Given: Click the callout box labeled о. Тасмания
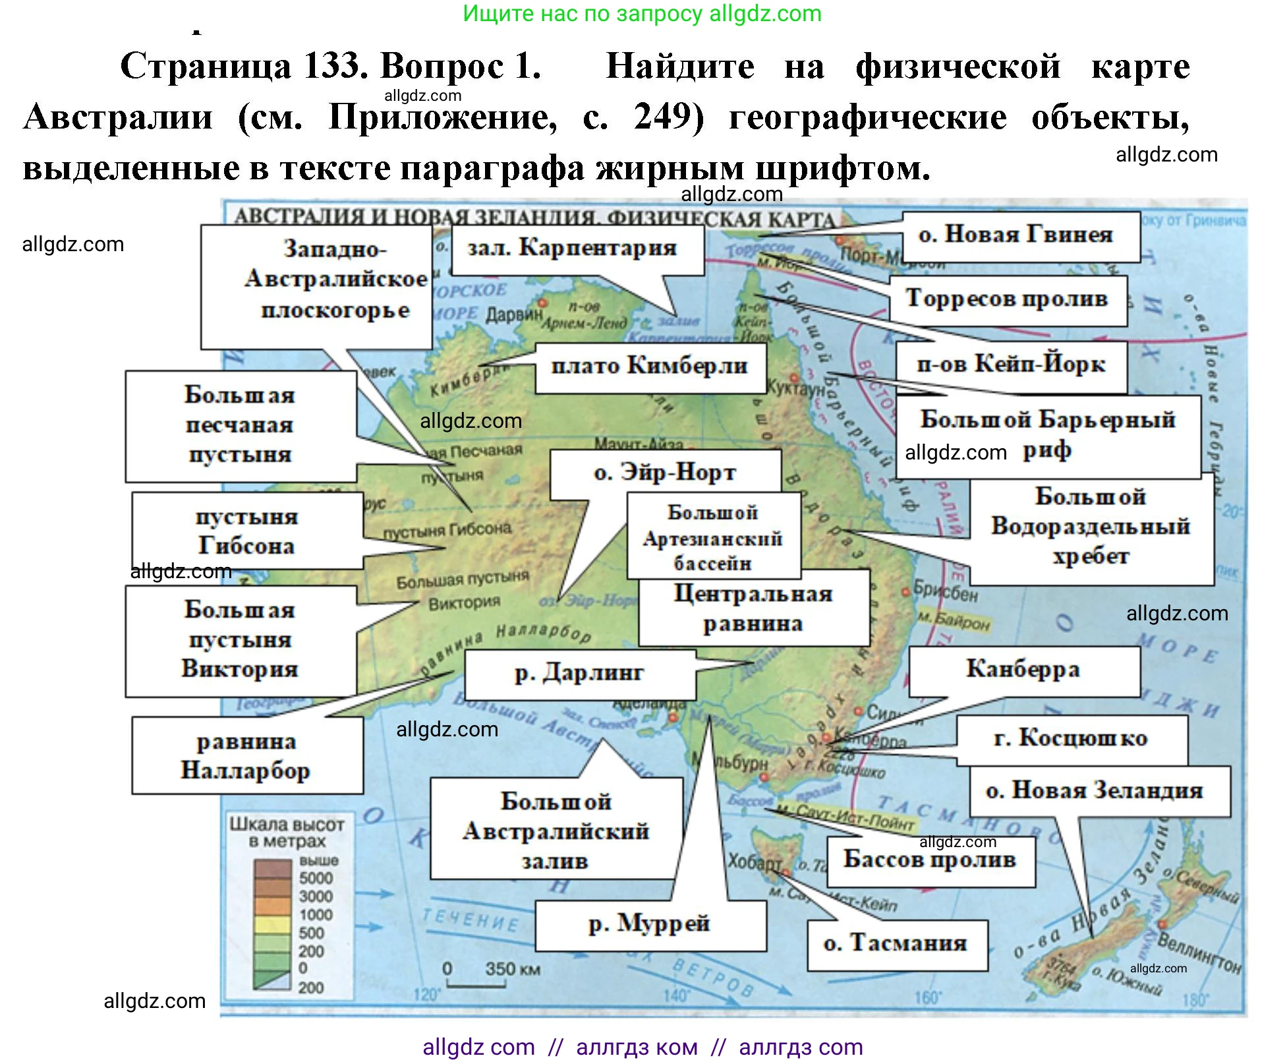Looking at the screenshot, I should (x=896, y=944).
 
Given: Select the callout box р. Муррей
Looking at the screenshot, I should (x=650, y=924).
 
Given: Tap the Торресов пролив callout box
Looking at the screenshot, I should (x=1007, y=299).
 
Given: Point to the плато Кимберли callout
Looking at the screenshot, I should (x=650, y=367).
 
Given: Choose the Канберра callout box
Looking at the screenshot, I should (x=1023, y=670).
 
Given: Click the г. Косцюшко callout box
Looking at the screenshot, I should (x=1071, y=739).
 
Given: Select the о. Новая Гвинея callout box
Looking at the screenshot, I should (x=1020, y=235).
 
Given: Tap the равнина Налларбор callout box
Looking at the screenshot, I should (x=246, y=755).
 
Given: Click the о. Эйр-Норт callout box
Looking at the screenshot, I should (x=665, y=473).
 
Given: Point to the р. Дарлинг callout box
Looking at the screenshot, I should (x=579, y=674).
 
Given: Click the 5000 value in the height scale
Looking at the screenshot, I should (x=316, y=878).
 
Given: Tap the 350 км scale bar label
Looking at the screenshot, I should (x=513, y=969).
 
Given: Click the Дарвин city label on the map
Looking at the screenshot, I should (x=513, y=314).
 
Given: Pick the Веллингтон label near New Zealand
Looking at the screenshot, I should (x=1199, y=953).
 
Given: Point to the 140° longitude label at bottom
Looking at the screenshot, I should (x=676, y=995).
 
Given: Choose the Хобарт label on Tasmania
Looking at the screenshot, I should (x=753, y=862).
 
